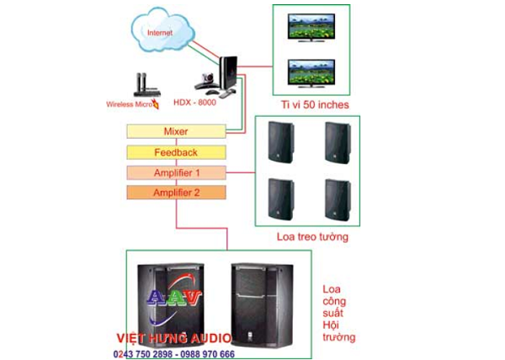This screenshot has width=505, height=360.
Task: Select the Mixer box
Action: (x=176, y=132)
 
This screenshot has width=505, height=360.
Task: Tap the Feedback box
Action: (x=176, y=152)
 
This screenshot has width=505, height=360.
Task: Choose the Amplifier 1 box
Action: (x=176, y=172)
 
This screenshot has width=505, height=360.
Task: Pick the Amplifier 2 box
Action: (x=176, y=193)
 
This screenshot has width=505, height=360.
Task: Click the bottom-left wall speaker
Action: (x=279, y=198)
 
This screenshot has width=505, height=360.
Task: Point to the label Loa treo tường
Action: (x=312, y=237)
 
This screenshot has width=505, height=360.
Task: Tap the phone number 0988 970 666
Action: (x=205, y=354)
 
